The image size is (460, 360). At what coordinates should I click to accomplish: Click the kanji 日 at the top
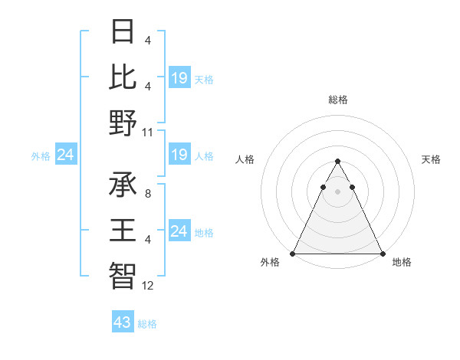(123, 32)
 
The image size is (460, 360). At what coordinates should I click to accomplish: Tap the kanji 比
(123, 77)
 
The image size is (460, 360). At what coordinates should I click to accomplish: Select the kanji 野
(123, 123)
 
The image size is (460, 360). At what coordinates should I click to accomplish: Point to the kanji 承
(123, 185)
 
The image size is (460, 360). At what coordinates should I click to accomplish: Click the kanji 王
(123, 230)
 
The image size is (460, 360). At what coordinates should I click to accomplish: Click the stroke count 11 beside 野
(149, 132)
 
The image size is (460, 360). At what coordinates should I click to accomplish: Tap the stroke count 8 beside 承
(147, 194)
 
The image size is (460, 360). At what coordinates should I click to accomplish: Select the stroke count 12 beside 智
(149, 285)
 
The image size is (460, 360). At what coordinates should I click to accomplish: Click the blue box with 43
(122, 322)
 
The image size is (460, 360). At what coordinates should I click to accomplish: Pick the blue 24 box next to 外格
(66, 155)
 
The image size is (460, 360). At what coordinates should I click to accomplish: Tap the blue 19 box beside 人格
(179, 155)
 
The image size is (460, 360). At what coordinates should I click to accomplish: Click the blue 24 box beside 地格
(179, 231)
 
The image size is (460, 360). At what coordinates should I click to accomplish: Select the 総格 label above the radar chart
(337, 100)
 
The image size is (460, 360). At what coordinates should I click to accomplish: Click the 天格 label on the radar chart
(431, 159)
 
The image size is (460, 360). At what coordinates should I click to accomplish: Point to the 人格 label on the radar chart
(245, 159)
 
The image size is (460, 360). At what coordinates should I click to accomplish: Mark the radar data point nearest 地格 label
(382, 254)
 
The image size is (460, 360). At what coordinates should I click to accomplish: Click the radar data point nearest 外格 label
(293, 254)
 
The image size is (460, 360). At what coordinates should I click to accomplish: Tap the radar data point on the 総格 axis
(337, 162)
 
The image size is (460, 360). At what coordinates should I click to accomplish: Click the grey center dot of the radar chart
(337, 191)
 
